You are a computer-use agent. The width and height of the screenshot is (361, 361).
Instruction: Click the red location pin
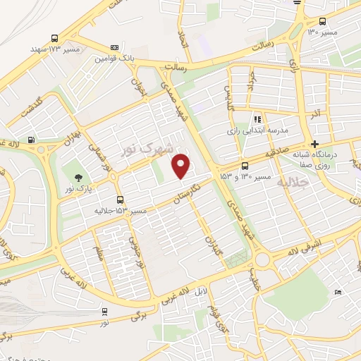point(182,165)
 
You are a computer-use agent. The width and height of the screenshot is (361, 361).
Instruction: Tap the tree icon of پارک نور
point(78,176)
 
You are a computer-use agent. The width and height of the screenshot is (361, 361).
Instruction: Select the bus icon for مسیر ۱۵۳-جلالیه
point(121,200)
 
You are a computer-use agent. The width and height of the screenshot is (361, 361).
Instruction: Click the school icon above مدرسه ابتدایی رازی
point(257,120)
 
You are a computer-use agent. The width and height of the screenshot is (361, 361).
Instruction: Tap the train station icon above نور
point(104,311)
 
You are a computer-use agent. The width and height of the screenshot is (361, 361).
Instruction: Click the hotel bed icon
point(338,292)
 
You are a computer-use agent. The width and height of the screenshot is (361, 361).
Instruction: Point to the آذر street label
point(316,114)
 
